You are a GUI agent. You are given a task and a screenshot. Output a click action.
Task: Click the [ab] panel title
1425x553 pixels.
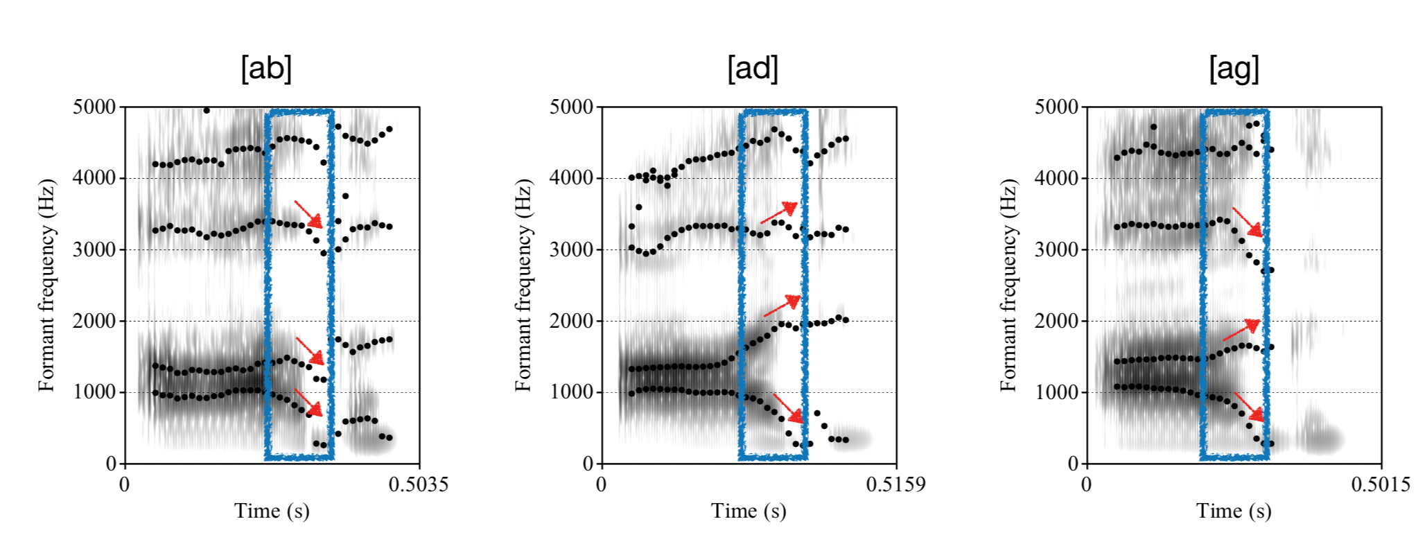point(266,69)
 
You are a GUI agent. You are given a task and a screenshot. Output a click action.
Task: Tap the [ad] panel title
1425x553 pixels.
point(752,69)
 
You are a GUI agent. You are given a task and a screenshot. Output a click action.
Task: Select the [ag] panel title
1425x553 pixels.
point(1234,69)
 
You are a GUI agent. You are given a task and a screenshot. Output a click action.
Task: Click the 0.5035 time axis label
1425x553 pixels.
point(418,484)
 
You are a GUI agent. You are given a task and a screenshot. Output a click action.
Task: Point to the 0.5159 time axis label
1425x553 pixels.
point(895,484)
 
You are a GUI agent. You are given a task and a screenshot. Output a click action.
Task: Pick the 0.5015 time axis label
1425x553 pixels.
point(1380,484)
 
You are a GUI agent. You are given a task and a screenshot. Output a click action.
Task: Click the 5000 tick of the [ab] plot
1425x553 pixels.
point(95,107)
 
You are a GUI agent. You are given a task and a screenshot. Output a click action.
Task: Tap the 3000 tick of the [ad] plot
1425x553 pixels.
point(572,249)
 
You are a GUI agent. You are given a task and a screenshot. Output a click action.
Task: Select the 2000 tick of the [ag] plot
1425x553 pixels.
point(1056,321)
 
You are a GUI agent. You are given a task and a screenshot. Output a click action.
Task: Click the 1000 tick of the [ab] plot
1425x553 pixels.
point(95,392)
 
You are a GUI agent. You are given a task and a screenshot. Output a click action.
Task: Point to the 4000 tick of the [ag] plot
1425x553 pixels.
point(1056,178)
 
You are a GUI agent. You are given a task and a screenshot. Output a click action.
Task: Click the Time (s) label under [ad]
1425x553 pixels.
point(749,511)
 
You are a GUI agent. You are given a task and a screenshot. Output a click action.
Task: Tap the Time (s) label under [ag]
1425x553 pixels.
point(1234,511)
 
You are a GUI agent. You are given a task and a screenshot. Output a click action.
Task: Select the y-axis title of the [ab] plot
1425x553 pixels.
point(46,285)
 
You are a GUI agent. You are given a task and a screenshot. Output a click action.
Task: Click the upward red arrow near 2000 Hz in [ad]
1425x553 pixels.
point(782,306)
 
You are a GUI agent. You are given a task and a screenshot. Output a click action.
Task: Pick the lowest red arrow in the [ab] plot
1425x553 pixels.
point(308,402)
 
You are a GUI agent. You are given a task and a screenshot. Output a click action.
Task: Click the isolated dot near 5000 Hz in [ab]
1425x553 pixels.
point(206,110)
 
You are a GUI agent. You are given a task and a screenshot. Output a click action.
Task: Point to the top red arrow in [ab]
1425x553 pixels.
point(308,214)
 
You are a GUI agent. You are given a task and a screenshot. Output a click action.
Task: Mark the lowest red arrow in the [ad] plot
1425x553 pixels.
point(788,407)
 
